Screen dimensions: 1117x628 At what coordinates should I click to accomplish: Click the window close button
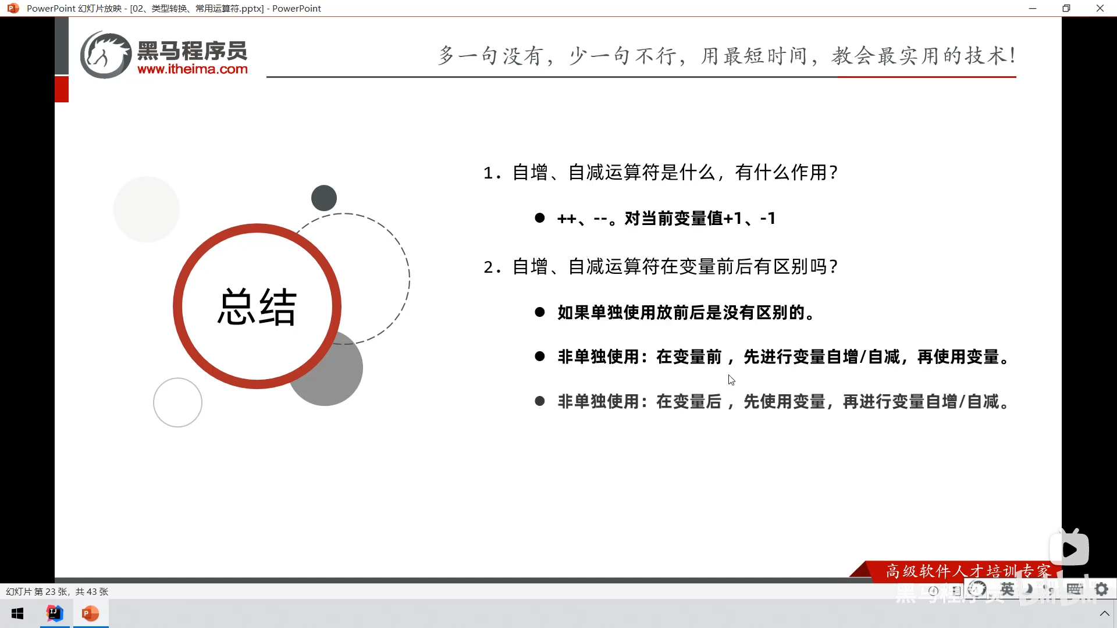click(1100, 8)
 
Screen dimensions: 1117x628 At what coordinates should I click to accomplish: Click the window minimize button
click(1033, 8)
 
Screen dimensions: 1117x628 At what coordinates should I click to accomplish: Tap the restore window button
click(1066, 8)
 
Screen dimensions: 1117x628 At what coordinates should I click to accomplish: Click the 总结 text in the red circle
click(257, 306)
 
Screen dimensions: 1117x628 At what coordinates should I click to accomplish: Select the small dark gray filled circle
click(324, 198)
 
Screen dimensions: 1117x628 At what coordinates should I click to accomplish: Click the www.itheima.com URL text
click(193, 69)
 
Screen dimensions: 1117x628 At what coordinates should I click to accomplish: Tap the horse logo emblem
click(105, 55)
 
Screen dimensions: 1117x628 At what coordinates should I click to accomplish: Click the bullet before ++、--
click(540, 218)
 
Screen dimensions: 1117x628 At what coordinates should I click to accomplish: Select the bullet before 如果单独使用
click(540, 312)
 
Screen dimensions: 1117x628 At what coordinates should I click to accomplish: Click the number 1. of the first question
click(492, 173)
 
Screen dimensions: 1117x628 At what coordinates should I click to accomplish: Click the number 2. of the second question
click(492, 267)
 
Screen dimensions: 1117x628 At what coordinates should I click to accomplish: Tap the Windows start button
click(17, 613)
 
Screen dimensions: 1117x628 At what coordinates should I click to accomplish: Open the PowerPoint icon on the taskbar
click(90, 613)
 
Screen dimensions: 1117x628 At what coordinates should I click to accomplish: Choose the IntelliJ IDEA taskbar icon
click(55, 613)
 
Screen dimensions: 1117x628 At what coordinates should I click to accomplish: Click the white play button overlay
click(1069, 549)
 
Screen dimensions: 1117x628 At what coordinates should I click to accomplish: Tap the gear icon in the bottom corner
click(1101, 589)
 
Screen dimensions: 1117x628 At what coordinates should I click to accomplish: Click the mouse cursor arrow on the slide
click(731, 380)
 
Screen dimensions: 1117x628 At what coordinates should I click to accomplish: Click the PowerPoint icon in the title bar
click(13, 8)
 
